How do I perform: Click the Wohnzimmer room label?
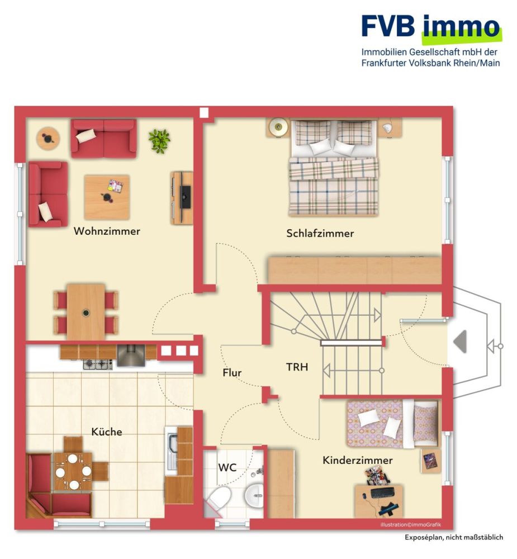107,231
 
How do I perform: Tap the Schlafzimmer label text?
320,234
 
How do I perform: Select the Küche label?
106,432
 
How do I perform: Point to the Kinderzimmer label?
357,461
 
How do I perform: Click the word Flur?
232,373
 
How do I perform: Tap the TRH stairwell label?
297,368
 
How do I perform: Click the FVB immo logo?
430,27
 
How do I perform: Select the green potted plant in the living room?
159,140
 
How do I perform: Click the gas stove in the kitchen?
98,364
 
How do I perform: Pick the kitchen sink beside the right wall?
170,447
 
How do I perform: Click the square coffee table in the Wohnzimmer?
107,197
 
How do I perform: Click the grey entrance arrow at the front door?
459,342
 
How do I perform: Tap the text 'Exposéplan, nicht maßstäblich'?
454,537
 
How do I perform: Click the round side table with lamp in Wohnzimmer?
48,137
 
